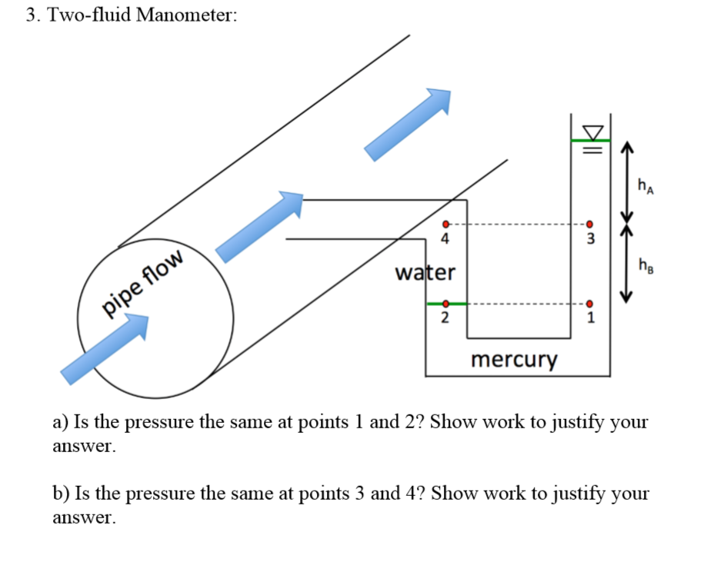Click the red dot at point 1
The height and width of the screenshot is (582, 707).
click(589, 304)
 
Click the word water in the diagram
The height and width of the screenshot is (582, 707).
click(425, 273)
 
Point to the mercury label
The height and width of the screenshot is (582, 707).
click(513, 359)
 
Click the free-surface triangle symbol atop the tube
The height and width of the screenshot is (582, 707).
click(590, 128)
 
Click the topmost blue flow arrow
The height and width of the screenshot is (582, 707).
click(409, 123)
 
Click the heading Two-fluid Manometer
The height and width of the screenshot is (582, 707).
click(131, 16)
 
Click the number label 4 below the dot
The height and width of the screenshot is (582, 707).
click(444, 239)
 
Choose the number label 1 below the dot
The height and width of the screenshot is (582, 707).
click(589, 318)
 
